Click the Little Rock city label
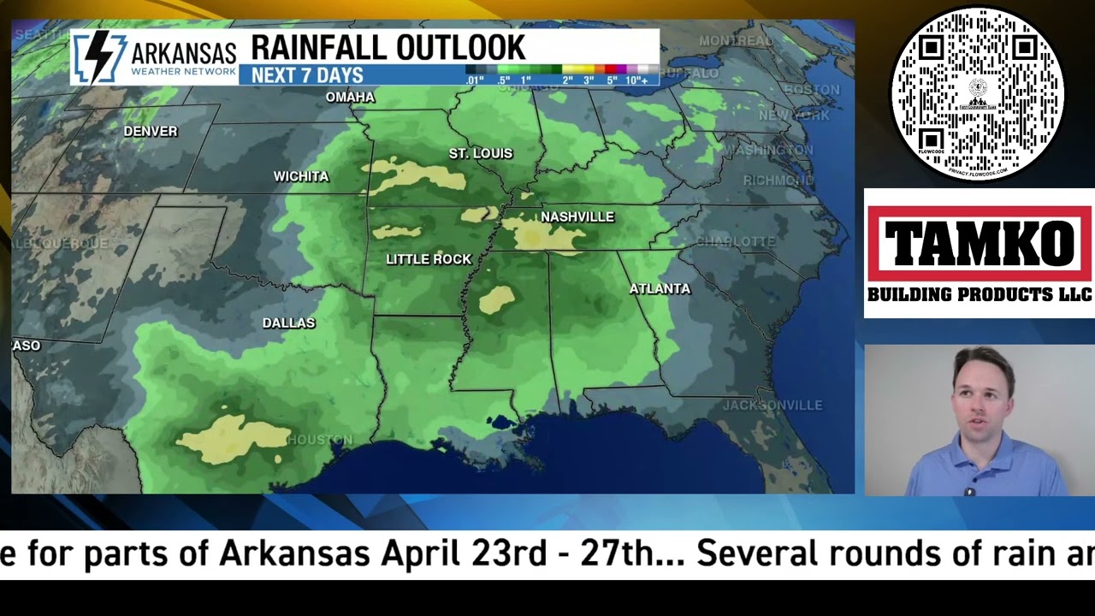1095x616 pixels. click(x=429, y=259)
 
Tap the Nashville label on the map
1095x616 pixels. click(x=577, y=217)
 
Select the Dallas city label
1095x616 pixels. click(x=288, y=323)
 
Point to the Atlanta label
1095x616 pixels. click(x=660, y=289)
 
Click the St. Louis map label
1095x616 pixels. click(x=481, y=154)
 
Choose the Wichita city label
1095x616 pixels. click(x=301, y=176)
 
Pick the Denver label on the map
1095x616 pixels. click(x=151, y=132)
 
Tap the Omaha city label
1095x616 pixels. click(x=350, y=98)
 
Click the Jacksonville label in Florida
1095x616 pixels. click(x=772, y=406)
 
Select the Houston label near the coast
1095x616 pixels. click(x=320, y=440)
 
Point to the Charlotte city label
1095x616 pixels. click(x=736, y=242)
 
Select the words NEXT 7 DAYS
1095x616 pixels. click(x=307, y=76)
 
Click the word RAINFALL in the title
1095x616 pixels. click(x=323, y=48)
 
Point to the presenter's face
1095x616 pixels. click(x=981, y=396)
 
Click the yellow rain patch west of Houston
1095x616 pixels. click(x=233, y=437)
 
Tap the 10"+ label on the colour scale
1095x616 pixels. click(x=636, y=80)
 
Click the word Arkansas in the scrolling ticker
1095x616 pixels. click(x=294, y=554)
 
